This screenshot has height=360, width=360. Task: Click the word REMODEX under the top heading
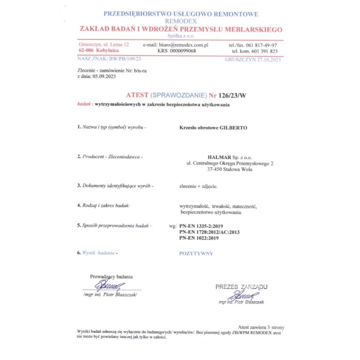tap(180, 22)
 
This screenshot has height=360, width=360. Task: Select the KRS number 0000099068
tap(183, 51)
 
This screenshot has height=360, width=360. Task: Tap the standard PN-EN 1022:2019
tap(199, 238)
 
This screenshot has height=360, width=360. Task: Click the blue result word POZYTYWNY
tap(196, 253)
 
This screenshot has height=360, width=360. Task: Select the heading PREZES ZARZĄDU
tap(241, 286)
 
